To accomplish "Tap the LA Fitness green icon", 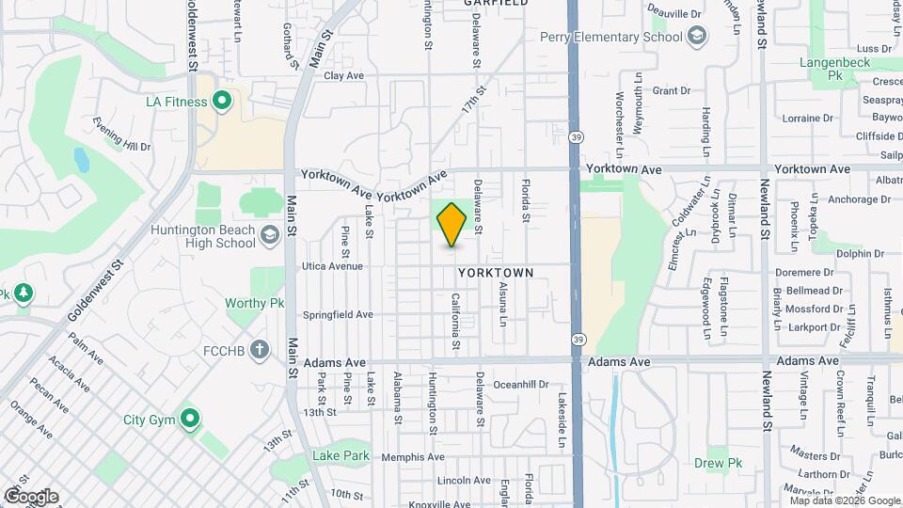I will coord(222,101).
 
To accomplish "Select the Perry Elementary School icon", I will coord(697,37).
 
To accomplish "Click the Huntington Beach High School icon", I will coord(271,235).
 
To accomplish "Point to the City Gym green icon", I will coord(190,419).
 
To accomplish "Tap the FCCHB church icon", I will coord(260,350).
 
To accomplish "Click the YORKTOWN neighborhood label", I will coord(496,272).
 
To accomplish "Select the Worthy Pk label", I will coord(254,304).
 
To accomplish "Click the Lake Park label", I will coord(341,456).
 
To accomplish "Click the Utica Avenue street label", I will coord(332,266).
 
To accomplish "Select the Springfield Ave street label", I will coord(338,314).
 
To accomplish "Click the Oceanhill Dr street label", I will coord(520,384).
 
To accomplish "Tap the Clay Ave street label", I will coord(343,75).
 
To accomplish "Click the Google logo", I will coord(31,496).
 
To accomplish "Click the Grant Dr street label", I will coord(671,91).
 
